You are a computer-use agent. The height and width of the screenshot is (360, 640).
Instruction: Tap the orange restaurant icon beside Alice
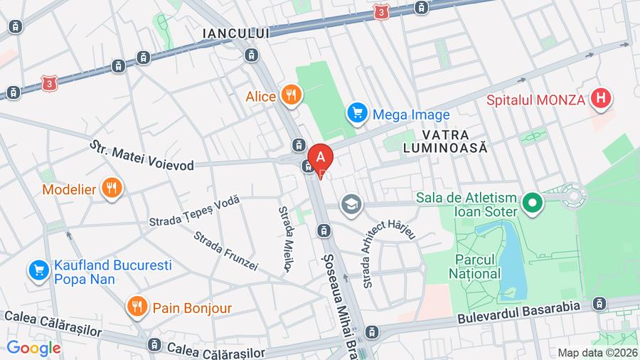click(291, 95)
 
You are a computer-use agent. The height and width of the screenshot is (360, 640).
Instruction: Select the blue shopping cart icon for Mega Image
click(357, 113)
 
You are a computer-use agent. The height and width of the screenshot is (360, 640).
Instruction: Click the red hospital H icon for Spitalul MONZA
click(601, 99)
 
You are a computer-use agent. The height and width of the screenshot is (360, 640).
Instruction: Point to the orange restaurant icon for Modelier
click(111, 189)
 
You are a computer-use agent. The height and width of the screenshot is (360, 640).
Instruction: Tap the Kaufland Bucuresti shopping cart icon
click(38, 270)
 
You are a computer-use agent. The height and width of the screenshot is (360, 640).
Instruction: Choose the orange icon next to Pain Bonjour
click(137, 307)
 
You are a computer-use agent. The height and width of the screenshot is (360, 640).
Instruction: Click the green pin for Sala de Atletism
click(530, 204)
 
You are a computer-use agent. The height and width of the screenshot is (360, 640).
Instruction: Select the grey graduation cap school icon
click(351, 205)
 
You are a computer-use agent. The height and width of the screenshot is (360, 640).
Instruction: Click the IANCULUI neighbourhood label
click(236, 33)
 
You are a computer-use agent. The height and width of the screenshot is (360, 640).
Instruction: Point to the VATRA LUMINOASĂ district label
click(454, 141)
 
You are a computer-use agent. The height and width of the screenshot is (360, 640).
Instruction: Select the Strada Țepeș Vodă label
click(194, 211)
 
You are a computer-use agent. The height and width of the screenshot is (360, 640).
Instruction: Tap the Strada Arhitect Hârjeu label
click(388, 253)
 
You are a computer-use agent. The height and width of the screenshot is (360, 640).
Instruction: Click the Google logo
click(33, 348)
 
